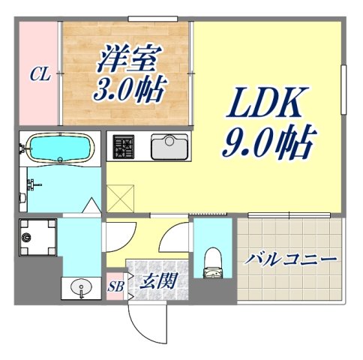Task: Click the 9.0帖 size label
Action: (x=267, y=140)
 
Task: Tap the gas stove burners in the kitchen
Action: (x=122, y=147)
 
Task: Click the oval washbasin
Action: (x=79, y=286)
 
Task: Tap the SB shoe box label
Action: (x=115, y=286)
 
